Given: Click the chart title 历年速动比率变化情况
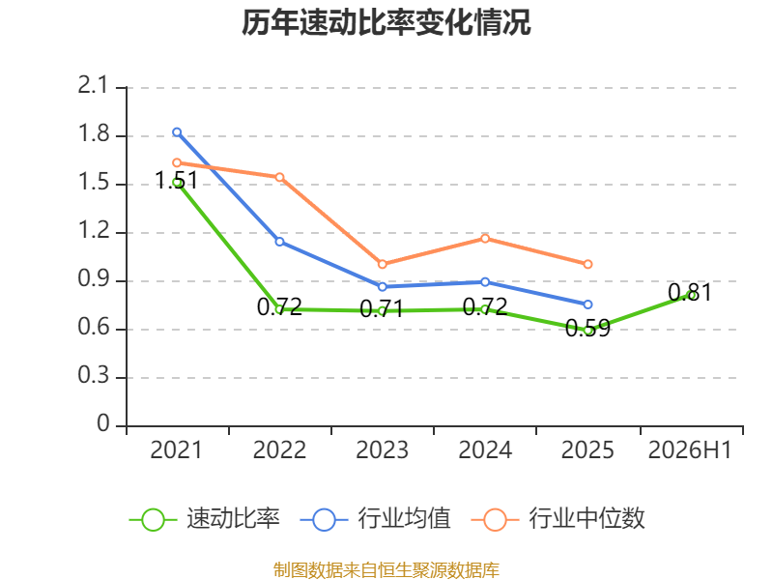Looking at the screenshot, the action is coord(386,22).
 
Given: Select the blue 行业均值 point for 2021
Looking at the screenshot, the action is coord(177,132).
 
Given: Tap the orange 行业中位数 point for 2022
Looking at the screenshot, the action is coord(279,177).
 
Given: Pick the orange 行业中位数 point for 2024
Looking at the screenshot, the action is coord(485,239).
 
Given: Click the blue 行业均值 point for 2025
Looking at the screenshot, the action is coord(587,304).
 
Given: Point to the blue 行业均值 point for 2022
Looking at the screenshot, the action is coord(279,242).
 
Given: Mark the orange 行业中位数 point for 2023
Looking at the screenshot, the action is coord(382,264).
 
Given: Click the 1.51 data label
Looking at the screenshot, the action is coord(176,180).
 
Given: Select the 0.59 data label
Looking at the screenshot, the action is coord(587,328).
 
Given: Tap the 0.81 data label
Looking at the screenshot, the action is coord(690,293).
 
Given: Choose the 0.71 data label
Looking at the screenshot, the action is coord(382,309).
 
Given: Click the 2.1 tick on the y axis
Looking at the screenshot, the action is coord(93,85).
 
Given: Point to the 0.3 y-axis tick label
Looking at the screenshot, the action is coord(93,375).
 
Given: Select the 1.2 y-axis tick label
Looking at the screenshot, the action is coord(93,230).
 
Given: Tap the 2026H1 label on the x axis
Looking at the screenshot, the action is coord(690,449).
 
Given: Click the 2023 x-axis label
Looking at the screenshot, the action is coord(382,449).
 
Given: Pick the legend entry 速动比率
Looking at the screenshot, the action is coord(205,519).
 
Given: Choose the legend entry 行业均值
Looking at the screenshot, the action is coord(375,519).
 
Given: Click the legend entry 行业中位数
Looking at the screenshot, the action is coord(558,519).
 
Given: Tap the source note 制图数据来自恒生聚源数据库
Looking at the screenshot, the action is coord(386,570).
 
